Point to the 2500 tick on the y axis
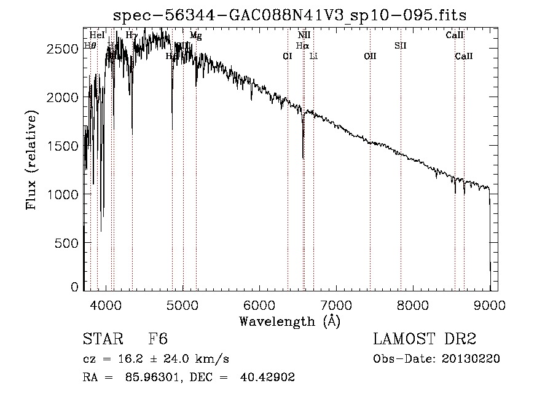[63, 49]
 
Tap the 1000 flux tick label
[63, 194]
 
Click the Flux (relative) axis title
[31, 160]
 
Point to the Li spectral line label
[313, 57]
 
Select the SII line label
[401, 45]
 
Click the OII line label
[370, 57]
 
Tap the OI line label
[288, 57]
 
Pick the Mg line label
[195, 36]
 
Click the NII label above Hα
[304, 36]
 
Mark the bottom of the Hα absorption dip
[303, 158]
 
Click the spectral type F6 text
[158, 339]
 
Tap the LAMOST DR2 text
[424, 339]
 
